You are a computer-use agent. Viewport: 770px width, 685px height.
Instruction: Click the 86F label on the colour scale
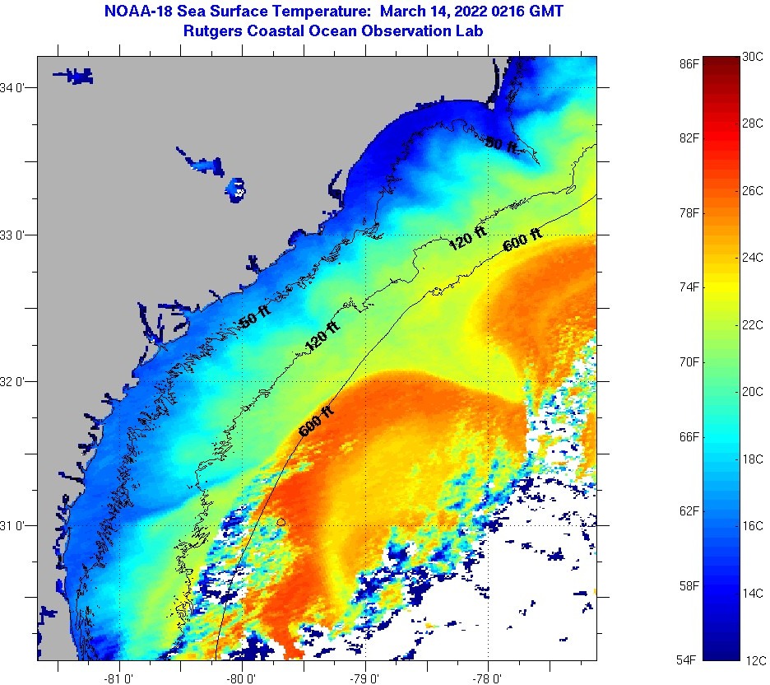click(x=689, y=63)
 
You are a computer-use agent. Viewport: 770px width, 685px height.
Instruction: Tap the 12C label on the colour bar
click(x=754, y=659)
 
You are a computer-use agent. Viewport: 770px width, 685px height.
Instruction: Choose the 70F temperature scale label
click(x=689, y=361)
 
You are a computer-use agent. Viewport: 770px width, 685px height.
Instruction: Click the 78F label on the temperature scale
click(x=689, y=212)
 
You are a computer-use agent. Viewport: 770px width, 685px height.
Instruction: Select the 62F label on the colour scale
click(x=689, y=510)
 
